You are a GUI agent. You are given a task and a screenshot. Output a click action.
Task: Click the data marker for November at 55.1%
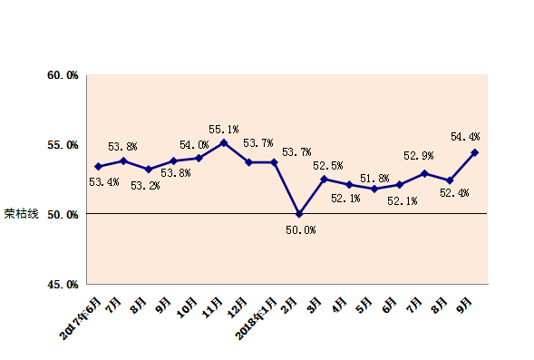[x=224, y=142]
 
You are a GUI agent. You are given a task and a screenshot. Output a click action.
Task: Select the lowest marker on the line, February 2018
[x=299, y=214]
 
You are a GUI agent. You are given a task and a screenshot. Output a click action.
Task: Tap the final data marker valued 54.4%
[x=475, y=152]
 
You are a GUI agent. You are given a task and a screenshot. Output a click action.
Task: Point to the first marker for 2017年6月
[x=98, y=166]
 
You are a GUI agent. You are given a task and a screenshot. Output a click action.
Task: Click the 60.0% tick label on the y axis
[x=63, y=74]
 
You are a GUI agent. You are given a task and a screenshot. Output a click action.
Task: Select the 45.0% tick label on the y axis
[x=63, y=285]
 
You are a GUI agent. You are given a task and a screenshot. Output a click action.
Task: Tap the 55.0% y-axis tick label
[x=63, y=144]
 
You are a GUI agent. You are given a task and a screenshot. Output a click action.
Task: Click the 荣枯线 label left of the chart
[x=22, y=215]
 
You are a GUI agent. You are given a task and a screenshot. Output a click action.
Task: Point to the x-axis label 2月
[x=289, y=302]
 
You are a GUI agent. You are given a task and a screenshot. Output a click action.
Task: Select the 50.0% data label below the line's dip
[x=300, y=230]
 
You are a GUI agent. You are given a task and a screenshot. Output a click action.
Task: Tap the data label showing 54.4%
[x=465, y=137]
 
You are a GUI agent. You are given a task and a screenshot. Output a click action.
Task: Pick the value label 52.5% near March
[x=327, y=166]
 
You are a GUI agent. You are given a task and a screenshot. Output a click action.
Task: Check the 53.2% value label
[x=146, y=185]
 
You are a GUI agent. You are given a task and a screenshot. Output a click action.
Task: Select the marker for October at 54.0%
[x=199, y=158]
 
